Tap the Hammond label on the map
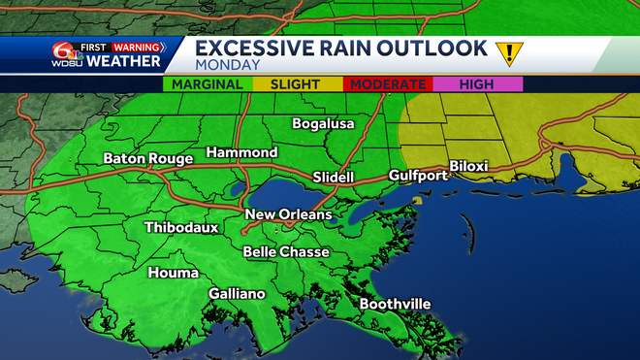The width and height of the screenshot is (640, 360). (241, 152)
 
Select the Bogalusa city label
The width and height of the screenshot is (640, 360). (324, 123)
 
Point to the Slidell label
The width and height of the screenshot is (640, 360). (335, 178)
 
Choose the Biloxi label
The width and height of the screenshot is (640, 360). (469, 166)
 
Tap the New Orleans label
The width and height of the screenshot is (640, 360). (288, 214)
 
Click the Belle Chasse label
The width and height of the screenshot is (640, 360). (286, 252)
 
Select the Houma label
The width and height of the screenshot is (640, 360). (174, 273)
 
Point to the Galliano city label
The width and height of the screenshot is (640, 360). (237, 294)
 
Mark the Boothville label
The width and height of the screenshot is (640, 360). (395, 304)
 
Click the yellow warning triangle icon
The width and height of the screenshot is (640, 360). (506, 52)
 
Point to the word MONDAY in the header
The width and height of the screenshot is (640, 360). (227, 65)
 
